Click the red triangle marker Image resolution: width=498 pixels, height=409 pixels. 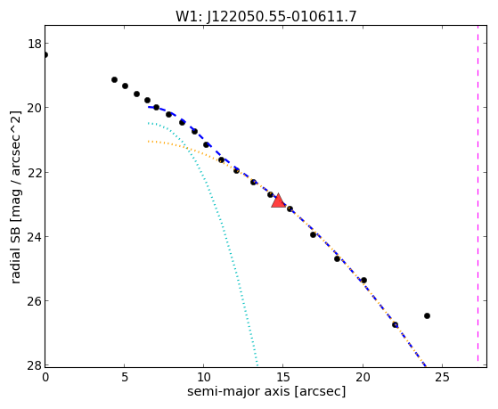click(278, 200)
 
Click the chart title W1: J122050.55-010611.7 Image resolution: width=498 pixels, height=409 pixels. click(266, 16)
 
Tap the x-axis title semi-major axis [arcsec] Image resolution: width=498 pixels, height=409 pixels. click(266, 391)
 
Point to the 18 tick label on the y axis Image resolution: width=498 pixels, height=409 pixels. click(35, 44)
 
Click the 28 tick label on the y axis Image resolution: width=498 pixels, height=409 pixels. click(35, 365)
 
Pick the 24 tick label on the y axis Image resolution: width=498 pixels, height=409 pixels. click(35, 237)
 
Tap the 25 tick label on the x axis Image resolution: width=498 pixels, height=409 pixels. click(442, 377)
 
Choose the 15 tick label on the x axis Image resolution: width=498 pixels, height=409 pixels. click(283, 377)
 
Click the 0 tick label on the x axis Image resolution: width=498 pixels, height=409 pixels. click(45, 377)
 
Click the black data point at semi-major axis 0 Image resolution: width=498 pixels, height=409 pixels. click(45, 55)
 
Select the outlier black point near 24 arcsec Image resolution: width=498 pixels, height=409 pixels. click(427, 316)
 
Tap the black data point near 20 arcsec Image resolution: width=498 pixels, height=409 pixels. click(364, 281)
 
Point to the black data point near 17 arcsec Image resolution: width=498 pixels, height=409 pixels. click(314, 235)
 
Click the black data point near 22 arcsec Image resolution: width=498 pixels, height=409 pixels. click(395, 324)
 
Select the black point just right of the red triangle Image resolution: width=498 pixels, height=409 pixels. click(290, 209)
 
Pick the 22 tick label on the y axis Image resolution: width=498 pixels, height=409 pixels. click(35, 172)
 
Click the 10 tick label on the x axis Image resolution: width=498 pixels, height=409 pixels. click(204, 377)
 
